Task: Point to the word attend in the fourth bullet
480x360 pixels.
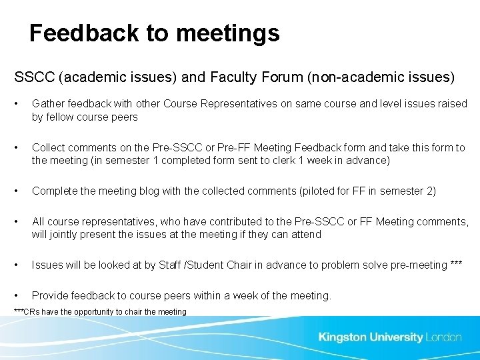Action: pyautogui.click(x=305, y=235)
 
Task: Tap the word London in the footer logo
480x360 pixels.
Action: pyautogui.click(x=443, y=337)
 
